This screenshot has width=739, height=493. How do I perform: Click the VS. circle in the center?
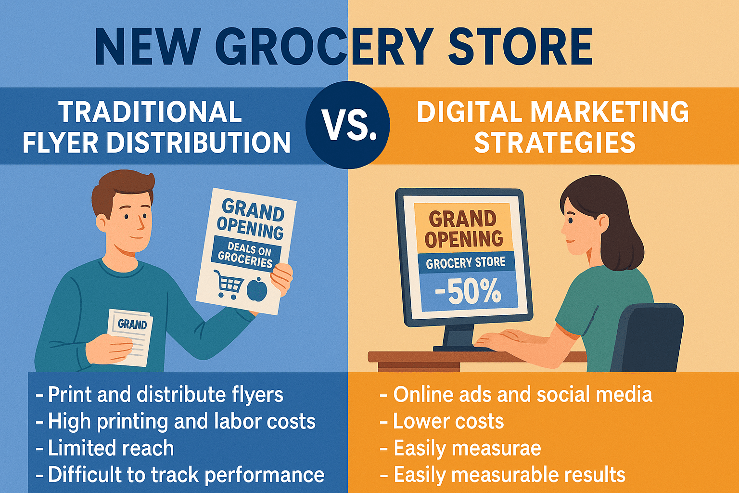348,125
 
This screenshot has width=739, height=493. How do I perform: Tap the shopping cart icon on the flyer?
229,285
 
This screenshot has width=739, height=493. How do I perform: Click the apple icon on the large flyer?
257,289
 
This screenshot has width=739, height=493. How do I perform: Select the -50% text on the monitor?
468,292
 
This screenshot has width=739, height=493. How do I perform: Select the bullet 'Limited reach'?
105,448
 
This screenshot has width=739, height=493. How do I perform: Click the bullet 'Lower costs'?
442,421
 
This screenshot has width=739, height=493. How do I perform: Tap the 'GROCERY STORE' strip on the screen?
466,262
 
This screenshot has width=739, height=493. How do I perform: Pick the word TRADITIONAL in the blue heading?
151,112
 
